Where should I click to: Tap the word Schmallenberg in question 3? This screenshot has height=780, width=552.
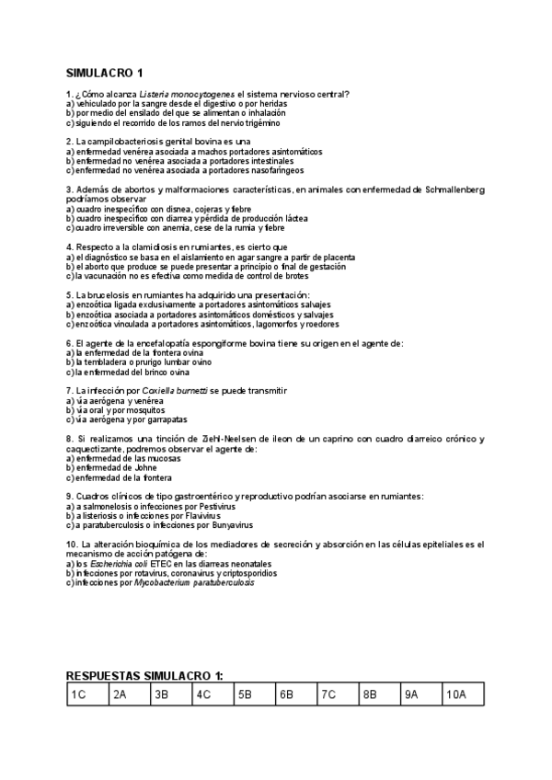[451, 189]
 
